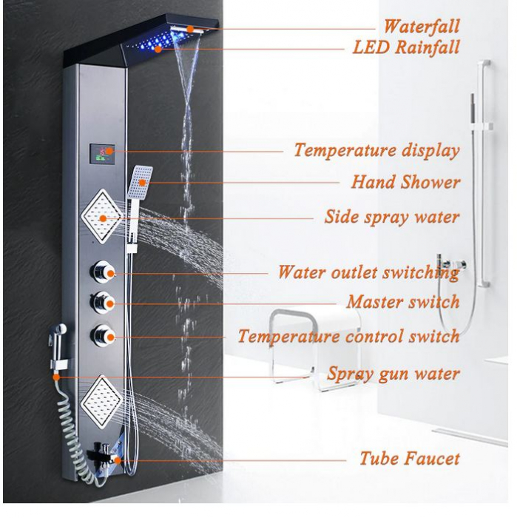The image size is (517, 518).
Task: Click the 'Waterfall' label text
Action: [421, 27]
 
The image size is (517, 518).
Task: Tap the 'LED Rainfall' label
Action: [407, 48]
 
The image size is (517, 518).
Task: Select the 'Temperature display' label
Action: [376, 150]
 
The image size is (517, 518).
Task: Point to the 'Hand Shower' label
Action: [405, 182]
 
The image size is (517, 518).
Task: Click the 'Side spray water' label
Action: [392, 218]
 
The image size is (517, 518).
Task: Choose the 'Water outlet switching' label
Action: [368, 272]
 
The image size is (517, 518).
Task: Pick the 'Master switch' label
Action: [403, 302]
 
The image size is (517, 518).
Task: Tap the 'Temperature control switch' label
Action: [348, 337]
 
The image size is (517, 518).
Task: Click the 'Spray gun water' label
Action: [393, 374]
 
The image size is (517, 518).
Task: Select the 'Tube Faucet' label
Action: [409, 458]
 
